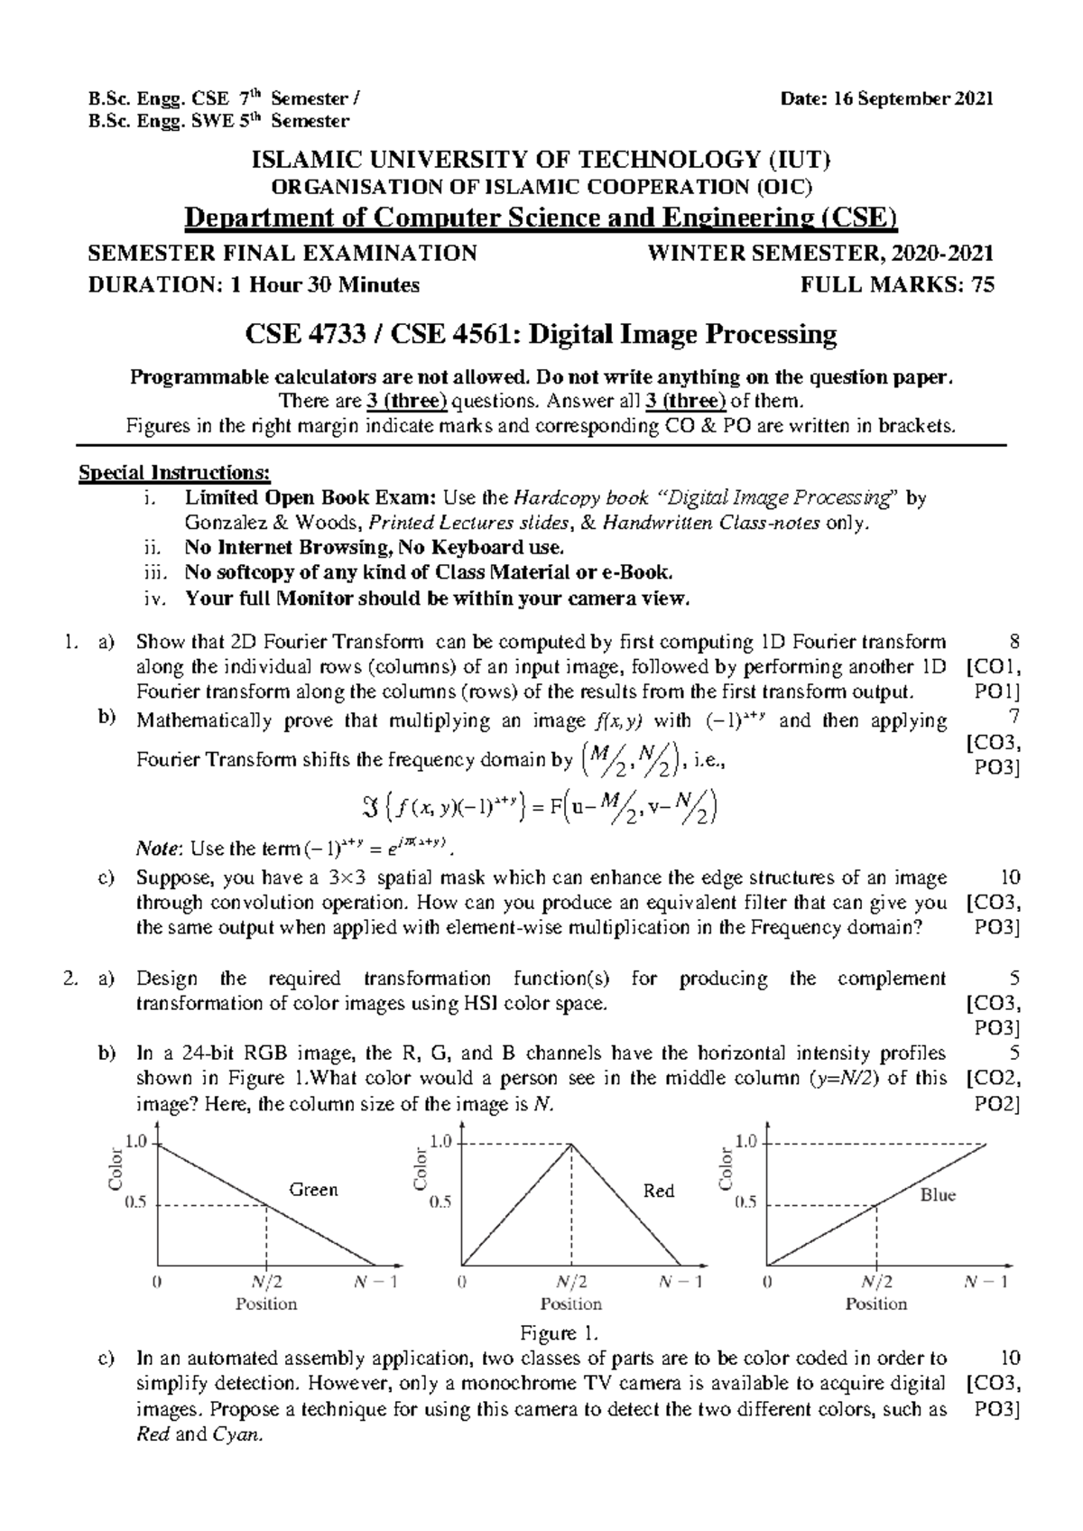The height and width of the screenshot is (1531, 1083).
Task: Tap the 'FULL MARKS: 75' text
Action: pos(897,285)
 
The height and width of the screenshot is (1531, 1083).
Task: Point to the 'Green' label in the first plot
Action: pos(312,1190)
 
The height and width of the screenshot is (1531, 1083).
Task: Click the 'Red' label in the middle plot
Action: pos(658,1192)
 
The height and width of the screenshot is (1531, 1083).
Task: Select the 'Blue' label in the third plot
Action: pos(938,1195)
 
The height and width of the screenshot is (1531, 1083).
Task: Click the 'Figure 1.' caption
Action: pos(560,1333)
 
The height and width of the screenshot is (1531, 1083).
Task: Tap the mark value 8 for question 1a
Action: pos(1015,642)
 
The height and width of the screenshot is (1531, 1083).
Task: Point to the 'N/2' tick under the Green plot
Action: pos(265,1282)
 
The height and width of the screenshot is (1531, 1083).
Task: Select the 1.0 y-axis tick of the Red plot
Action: pos(441,1142)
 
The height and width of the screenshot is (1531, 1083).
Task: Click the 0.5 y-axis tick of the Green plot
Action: pos(136,1202)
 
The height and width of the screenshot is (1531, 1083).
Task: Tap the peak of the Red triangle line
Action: pos(571,1144)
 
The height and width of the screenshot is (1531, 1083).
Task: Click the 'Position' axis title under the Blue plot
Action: pos(875,1304)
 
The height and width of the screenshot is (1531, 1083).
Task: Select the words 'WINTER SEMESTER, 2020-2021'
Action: pos(821,254)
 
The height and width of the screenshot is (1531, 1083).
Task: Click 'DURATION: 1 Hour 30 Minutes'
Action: pos(254,285)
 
